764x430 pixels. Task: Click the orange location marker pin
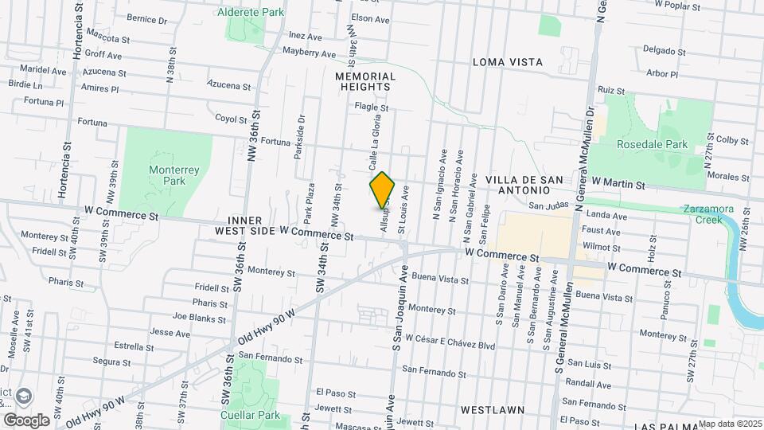[x=383, y=190]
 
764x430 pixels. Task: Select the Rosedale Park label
[x=653, y=145]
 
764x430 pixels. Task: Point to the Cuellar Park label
[x=251, y=415]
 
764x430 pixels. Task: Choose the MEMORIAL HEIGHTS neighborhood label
[x=364, y=81]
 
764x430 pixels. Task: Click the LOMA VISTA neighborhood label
[x=508, y=61]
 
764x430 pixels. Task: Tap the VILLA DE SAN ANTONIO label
[x=517, y=184]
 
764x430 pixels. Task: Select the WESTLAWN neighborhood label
[x=492, y=410]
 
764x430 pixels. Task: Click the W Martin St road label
[x=618, y=184]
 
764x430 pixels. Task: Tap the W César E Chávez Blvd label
[x=450, y=346]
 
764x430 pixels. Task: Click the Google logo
[x=26, y=420]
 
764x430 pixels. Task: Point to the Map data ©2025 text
[x=730, y=424]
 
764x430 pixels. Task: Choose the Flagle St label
[x=371, y=107]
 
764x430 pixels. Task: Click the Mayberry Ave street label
[x=310, y=53]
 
